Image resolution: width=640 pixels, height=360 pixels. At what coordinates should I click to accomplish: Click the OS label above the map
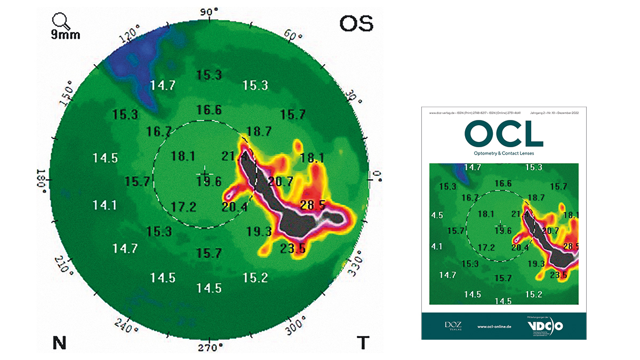[x=356, y=23]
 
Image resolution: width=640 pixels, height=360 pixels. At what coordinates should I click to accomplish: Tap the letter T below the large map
[x=363, y=343]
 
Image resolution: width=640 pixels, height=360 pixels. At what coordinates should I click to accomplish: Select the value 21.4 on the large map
[x=234, y=157]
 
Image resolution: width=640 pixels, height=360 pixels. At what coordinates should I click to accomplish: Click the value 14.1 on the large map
[x=104, y=204]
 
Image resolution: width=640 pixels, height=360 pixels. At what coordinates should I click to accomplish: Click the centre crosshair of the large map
[x=204, y=174]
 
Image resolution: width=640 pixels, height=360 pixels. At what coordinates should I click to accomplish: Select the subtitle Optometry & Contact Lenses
[x=503, y=153]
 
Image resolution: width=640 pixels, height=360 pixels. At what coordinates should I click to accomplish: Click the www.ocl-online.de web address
[x=494, y=326]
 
